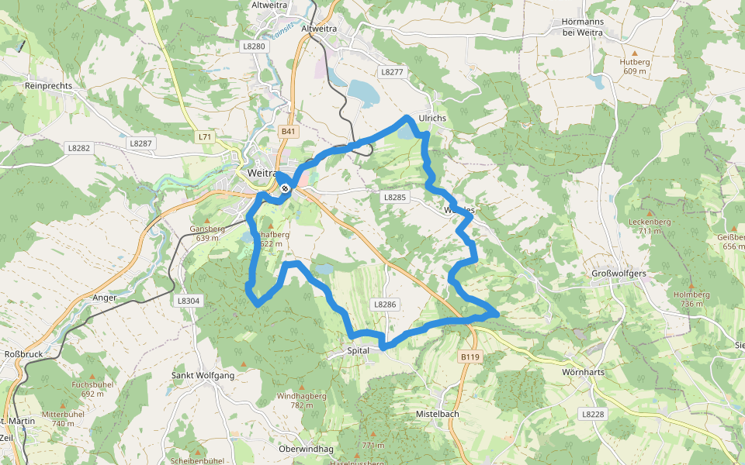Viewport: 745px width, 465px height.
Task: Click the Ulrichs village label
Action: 432,118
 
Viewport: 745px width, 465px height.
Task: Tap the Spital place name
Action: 359,351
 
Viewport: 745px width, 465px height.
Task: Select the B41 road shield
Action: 289,132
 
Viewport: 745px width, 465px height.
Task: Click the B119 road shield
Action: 470,356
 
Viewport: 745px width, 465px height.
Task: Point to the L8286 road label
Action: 385,305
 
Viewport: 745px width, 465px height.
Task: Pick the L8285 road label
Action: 394,198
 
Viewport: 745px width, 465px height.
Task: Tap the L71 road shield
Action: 204,137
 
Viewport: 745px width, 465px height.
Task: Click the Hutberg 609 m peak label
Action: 634,66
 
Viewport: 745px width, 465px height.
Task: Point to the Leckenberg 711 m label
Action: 650,226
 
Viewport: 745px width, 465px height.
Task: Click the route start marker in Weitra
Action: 286,188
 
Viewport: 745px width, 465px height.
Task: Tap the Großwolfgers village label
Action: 619,274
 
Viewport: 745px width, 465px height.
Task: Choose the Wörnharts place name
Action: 583,372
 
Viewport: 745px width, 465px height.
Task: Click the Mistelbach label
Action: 438,414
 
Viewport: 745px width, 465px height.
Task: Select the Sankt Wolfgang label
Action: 203,376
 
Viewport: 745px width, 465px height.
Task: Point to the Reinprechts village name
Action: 48,85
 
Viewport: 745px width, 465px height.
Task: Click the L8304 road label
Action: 188,301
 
